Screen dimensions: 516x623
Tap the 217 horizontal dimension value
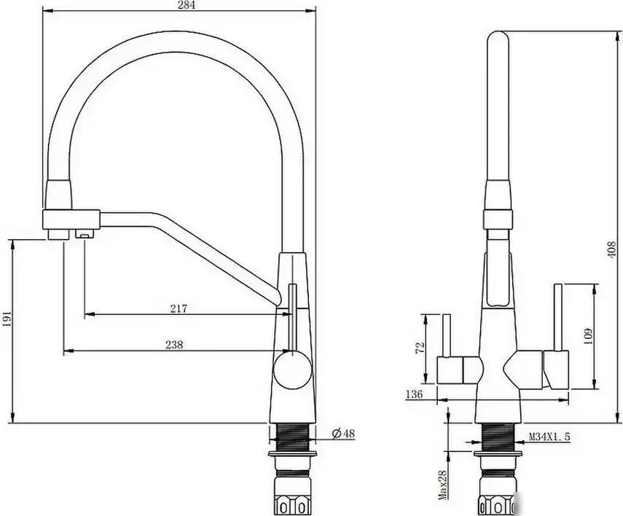(179, 309)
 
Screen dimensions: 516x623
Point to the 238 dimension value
(173, 345)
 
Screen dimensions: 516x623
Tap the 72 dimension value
(418, 347)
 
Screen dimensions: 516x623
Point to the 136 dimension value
(415, 394)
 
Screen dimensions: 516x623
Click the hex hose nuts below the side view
(294, 501)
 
